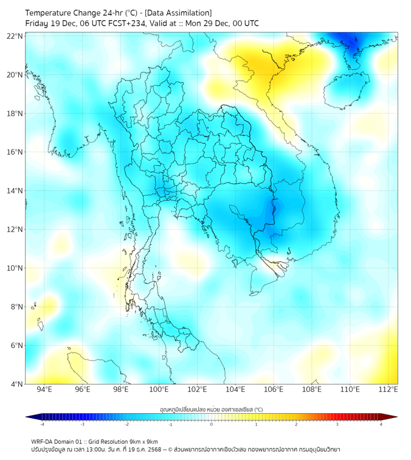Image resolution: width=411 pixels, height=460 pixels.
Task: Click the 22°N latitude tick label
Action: [x=15, y=36]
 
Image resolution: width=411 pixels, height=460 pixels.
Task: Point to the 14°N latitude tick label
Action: [x=15, y=190]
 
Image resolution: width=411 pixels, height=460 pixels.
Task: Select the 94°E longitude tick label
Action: [x=44, y=390]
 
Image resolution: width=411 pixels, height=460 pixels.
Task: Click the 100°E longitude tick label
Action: [x=159, y=390]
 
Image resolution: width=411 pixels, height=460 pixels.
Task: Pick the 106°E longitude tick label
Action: [x=274, y=390]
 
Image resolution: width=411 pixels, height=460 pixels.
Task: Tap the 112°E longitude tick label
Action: [x=388, y=390]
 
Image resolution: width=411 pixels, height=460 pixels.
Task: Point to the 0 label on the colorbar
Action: [x=212, y=425]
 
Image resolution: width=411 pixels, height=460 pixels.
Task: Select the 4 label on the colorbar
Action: [x=381, y=425]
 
